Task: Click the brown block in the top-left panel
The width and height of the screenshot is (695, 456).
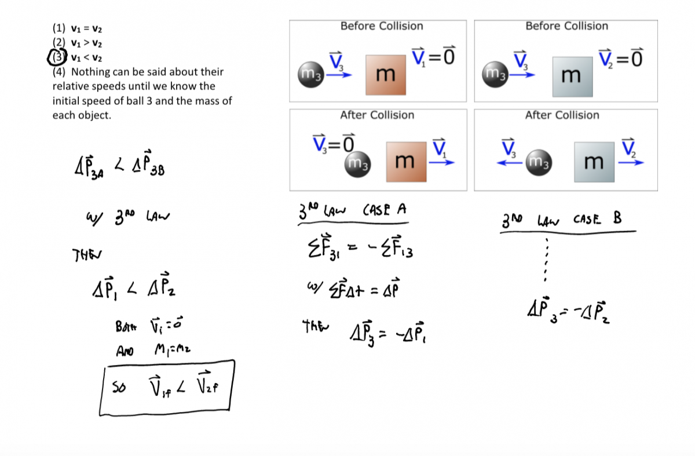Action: pyautogui.click(x=385, y=75)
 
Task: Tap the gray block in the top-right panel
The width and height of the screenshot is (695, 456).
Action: pyautogui.click(x=572, y=76)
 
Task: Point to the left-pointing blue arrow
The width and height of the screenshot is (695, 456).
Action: pyautogui.click(x=510, y=163)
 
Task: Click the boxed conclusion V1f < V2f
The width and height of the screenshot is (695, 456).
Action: pyautogui.click(x=167, y=385)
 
